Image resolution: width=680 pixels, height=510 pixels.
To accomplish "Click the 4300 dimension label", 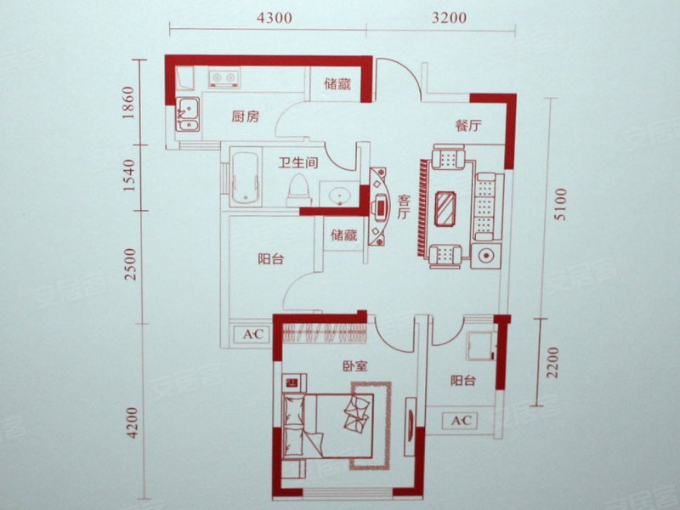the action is click(x=274, y=18).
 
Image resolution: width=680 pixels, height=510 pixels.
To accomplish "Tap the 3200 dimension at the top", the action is click(x=450, y=17).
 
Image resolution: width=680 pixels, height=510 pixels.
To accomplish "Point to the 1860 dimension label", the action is click(x=128, y=103).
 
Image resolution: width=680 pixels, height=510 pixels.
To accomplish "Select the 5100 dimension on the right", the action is click(x=561, y=204).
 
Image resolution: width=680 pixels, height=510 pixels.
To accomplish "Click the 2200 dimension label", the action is click(x=552, y=362).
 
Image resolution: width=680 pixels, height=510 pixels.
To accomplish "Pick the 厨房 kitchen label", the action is click(x=245, y=116).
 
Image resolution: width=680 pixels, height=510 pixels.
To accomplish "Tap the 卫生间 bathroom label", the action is click(x=298, y=162).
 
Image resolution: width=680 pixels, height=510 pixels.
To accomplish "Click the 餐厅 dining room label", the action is click(x=468, y=125).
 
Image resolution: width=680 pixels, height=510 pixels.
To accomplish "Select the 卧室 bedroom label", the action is click(x=354, y=366).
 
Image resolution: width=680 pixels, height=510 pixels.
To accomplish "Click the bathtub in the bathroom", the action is click(x=246, y=177).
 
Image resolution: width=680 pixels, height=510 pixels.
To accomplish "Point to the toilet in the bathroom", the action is click(x=298, y=190).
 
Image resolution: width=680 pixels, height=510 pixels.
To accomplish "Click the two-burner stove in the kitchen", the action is click(x=224, y=77).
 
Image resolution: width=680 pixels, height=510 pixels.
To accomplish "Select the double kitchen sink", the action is click(x=188, y=114).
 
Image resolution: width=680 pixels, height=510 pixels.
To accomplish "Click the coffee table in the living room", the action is click(x=445, y=208).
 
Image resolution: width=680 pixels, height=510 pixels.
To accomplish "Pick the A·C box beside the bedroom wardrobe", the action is click(x=252, y=334).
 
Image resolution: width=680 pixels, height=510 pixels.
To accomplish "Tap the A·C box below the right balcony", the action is click(x=461, y=420).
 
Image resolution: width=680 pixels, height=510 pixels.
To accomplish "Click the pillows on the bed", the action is click(x=356, y=412).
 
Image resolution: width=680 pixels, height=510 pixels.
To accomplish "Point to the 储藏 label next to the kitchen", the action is click(x=337, y=83).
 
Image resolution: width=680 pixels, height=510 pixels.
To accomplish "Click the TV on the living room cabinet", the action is click(x=380, y=206).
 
